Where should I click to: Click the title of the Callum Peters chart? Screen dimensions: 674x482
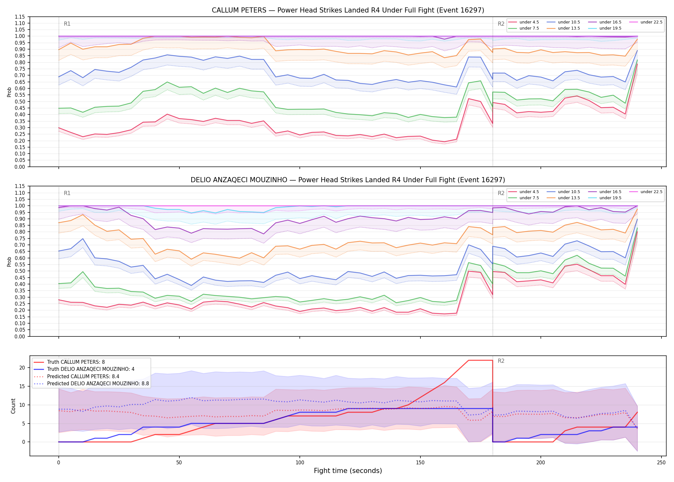point(348,10)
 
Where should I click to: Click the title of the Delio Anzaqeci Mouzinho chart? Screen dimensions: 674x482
point(348,180)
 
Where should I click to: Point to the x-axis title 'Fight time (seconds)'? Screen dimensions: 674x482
point(348,471)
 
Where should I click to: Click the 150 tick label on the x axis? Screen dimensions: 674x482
point(420,463)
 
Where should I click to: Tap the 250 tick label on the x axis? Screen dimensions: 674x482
point(661,463)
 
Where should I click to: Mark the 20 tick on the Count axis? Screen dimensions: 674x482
point(22,368)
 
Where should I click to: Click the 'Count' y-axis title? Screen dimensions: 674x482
point(13,406)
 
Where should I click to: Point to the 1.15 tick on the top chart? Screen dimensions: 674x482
point(20,17)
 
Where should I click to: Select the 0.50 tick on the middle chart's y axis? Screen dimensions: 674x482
point(20,271)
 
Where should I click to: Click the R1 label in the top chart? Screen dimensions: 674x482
point(67,24)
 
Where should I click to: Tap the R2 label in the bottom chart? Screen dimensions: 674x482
point(501,361)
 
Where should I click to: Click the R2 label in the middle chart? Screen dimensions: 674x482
point(501,193)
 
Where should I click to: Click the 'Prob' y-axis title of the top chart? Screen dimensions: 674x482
point(9,92)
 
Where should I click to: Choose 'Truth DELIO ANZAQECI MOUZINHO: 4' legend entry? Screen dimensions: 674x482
point(91,369)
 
